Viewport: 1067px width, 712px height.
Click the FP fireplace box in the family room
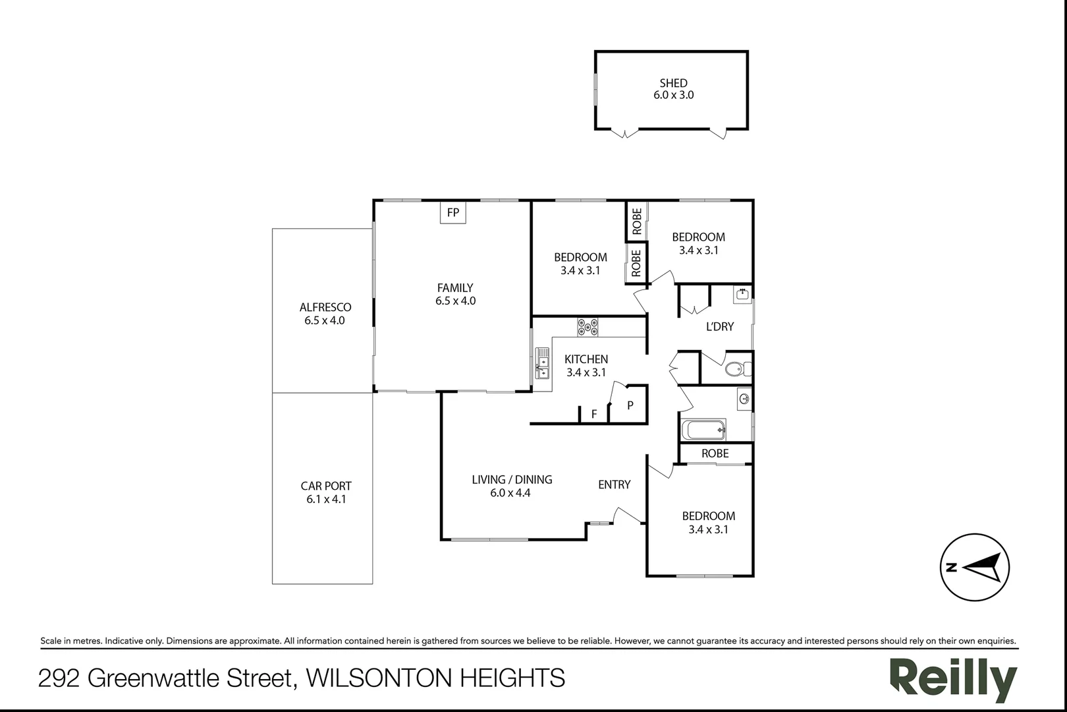[x=452, y=212]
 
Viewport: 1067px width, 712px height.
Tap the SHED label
[x=673, y=83]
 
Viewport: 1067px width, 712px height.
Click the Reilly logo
[x=954, y=680]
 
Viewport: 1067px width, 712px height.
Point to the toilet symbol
[x=738, y=368]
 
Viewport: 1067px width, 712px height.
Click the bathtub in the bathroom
[x=703, y=430]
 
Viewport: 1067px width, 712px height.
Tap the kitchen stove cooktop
[x=588, y=327]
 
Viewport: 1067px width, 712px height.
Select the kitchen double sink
[x=542, y=363]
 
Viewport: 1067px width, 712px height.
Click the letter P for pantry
[x=630, y=405]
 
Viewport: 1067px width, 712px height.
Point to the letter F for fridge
[x=594, y=414]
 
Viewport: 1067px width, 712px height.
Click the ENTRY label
[x=614, y=485]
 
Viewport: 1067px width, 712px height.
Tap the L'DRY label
[x=720, y=327]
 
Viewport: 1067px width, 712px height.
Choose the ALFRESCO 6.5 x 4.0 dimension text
[x=325, y=320]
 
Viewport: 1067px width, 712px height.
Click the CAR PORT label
[x=326, y=486]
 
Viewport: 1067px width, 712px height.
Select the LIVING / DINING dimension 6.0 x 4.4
[x=510, y=492]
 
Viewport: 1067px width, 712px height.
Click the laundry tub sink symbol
[x=742, y=294]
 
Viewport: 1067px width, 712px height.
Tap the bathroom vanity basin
[x=744, y=399]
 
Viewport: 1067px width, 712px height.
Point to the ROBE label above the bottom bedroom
[x=715, y=453]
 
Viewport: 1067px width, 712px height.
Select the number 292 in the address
[x=59, y=678]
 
